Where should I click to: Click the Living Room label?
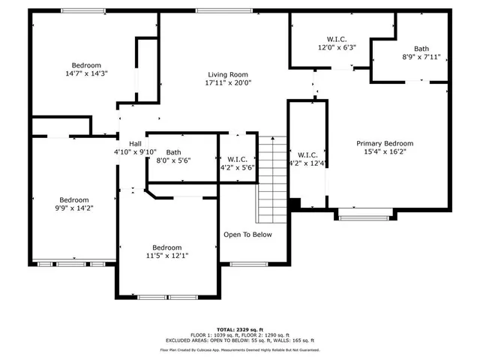228,74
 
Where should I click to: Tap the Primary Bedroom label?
384,143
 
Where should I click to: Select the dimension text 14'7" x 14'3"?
86,74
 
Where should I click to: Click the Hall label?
135,143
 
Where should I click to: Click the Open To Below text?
247,235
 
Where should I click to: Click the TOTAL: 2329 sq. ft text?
239,329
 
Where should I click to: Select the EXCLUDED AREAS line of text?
239,341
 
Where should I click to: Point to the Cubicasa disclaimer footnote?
239,349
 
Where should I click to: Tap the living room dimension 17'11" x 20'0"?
228,83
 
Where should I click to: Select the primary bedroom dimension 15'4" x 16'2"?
384,151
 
